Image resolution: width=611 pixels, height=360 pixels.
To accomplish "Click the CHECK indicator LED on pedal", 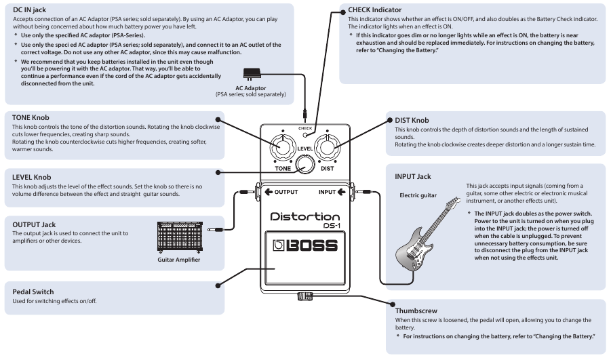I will pyautogui.click(x=305, y=135).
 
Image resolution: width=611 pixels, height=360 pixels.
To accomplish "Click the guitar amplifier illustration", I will pyautogui.click(x=179, y=235).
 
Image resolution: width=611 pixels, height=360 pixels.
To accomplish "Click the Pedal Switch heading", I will pyautogui.click(x=33, y=292).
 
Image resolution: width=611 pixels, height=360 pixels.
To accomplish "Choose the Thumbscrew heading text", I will pyautogui.click(x=416, y=311).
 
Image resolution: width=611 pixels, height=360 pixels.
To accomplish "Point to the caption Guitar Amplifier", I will pyautogui.click(x=179, y=259).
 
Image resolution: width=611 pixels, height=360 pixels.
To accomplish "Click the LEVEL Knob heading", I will pyautogui.click(x=31, y=177).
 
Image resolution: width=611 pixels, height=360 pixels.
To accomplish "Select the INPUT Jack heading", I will pyautogui.click(x=413, y=176).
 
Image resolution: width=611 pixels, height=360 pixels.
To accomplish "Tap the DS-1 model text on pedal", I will pyautogui.click(x=330, y=226).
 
